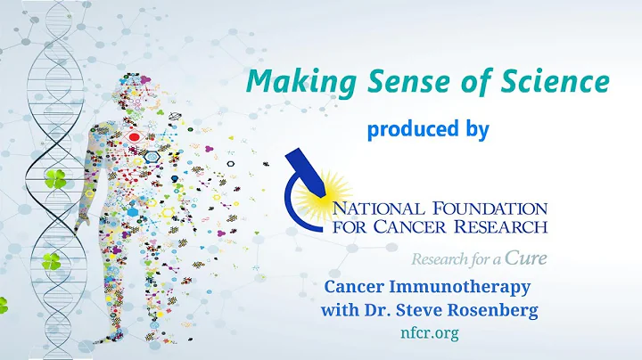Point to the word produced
click(406, 129)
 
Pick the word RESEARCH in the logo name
click(503, 229)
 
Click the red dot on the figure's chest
click(136, 138)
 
